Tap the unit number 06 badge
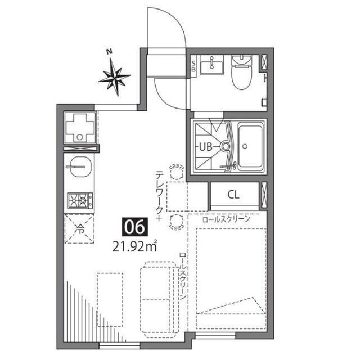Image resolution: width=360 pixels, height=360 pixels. pyautogui.click(x=136, y=227)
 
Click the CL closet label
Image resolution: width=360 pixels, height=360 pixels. pyautogui.click(x=233, y=195)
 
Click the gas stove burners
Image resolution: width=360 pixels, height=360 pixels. pyautogui.click(x=80, y=200)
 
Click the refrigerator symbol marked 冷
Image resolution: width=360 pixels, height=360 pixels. pyautogui.click(x=80, y=229)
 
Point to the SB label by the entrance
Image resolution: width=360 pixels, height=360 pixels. pyautogui.click(x=193, y=66)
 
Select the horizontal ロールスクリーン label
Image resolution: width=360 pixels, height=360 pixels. pyautogui.click(x=225, y=220)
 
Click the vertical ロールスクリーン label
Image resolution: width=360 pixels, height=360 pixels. pyautogui.click(x=183, y=276)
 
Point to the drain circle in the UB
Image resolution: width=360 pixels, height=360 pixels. pyautogui.click(x=226, y=147)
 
